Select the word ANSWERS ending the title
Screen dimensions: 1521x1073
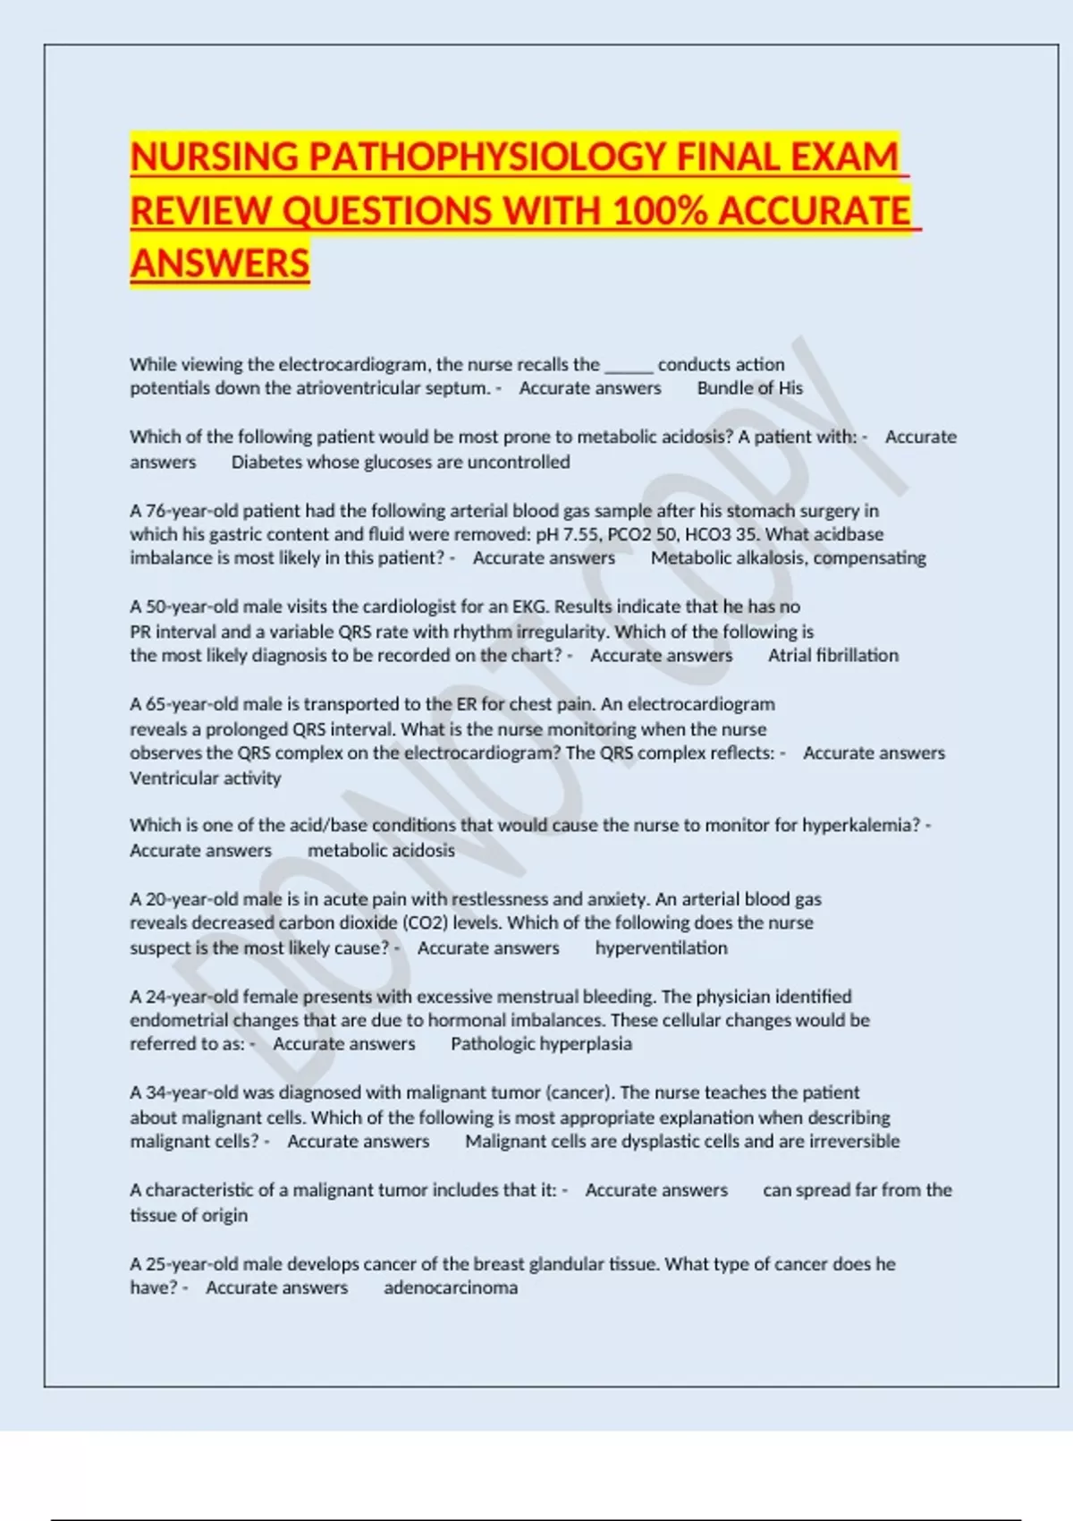220,264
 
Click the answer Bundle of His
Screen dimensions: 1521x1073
749,388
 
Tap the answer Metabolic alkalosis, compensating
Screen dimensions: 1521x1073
788,558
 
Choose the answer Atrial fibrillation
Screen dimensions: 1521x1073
832,656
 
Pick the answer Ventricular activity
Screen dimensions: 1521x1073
205,778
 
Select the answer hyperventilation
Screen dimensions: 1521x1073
661,948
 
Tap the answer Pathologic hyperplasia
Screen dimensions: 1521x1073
541,1044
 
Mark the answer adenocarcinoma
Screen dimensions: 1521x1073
451,1288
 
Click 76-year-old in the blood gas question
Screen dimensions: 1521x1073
191,511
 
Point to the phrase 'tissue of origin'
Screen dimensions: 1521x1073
189,1216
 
